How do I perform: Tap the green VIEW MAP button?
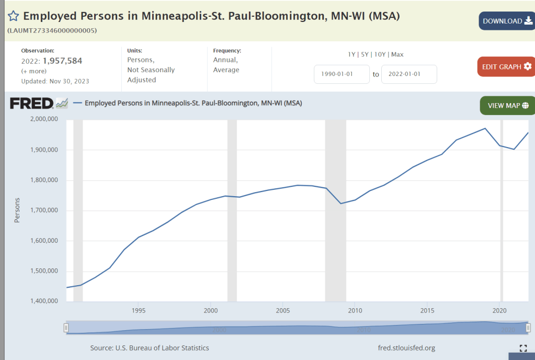(x=508, y=106)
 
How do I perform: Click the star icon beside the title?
(x=13, y=16)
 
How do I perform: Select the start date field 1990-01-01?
(x=342, y=74)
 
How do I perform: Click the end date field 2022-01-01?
(x=409, y=74)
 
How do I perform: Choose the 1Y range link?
(x=351, y=54)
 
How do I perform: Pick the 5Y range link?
(x=365, y=54)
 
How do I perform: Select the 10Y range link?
(x=380, y=54)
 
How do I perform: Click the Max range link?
(x=397, y=54)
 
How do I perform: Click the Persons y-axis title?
(x=17, y=210)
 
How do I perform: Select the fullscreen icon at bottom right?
(x=523, y=348)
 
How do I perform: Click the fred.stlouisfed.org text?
(x=406, y=348)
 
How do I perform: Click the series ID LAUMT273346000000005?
(x=52, y=30)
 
